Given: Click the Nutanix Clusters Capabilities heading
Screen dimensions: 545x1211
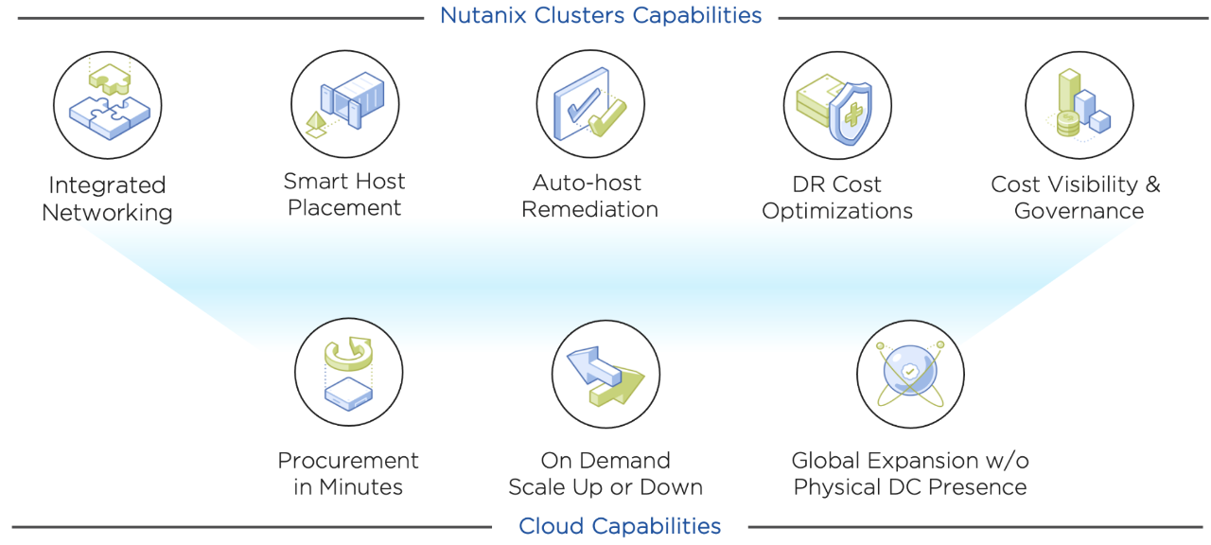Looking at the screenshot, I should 601,16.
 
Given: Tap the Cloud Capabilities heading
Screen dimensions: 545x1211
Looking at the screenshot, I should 620,526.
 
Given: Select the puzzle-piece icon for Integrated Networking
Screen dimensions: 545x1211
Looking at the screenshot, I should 108,104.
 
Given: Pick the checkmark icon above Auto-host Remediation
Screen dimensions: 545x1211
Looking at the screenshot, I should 590,104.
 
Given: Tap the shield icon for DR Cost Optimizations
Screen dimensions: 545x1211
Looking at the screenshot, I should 837,104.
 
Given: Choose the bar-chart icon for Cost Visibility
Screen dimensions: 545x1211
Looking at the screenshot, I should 1079,104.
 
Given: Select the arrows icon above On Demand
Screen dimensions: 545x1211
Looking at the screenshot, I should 605,374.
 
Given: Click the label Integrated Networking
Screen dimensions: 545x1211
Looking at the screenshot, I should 107,199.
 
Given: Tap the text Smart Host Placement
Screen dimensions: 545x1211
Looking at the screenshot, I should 344,195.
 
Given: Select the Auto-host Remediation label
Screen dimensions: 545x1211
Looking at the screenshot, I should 589,196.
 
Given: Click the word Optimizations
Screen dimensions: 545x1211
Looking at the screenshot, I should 837,211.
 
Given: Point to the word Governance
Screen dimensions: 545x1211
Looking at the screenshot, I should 1079,211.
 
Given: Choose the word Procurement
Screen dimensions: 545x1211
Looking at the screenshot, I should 348,461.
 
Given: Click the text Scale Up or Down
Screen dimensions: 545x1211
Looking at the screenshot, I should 605,487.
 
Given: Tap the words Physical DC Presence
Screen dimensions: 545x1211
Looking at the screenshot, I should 910,487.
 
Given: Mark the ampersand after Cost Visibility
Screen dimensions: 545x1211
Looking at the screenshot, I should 1150,185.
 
